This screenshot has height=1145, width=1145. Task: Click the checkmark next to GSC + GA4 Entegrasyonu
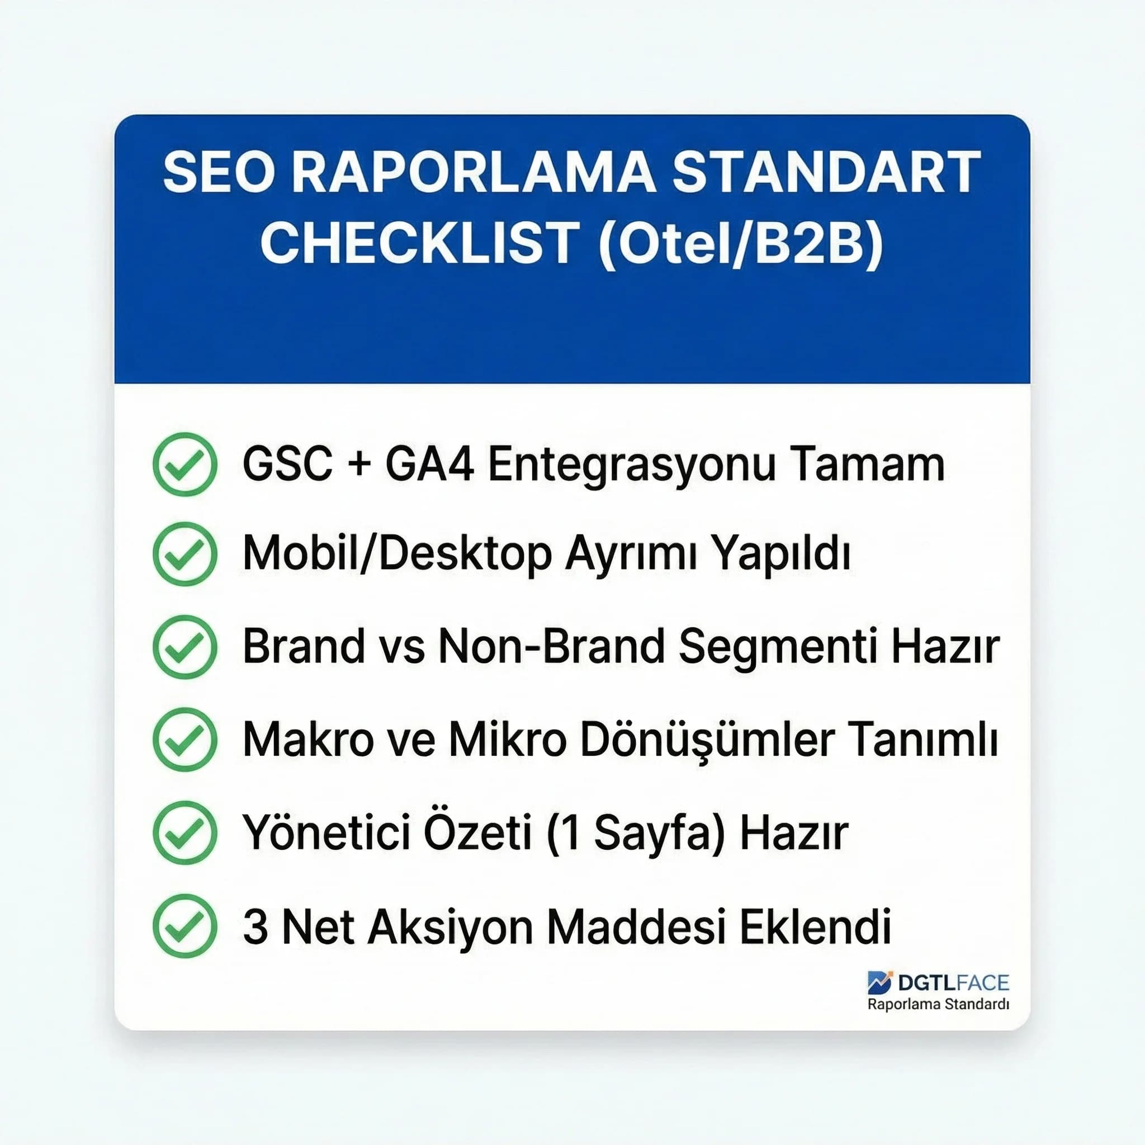pos(185,464)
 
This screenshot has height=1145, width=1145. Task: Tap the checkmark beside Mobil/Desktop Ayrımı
pos(185,554)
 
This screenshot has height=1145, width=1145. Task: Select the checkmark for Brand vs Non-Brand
pos(185,647)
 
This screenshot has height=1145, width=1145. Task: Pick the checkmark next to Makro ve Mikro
pos(185,739)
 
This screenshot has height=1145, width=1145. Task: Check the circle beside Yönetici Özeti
pos(185,832)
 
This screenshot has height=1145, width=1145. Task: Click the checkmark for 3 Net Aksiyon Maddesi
pos(185,926)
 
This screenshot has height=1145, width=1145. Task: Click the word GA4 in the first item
pos(430,464)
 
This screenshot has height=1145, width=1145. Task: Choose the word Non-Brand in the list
pos(551,647)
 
